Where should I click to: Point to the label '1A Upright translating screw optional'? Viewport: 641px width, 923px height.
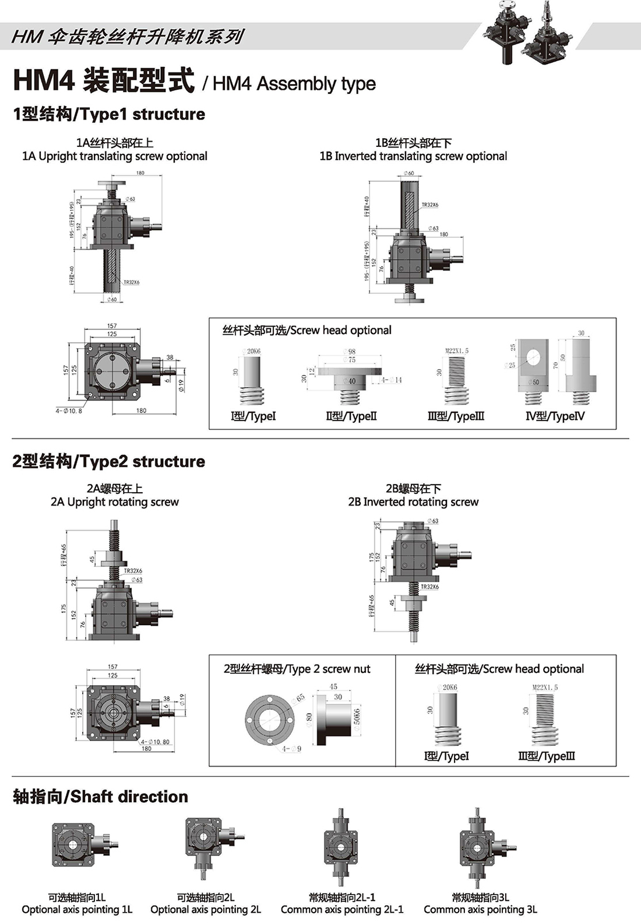[115, 156]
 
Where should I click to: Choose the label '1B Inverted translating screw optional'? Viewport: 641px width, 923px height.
[413, 156]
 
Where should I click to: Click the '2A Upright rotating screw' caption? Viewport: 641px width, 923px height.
[115, 502]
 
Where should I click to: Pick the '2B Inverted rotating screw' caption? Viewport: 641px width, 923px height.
[413, 502]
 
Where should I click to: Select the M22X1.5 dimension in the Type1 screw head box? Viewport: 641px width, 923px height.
[457, 351]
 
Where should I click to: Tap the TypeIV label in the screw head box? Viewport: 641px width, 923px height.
[555, 416]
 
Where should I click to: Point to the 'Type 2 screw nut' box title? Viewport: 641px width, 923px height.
[297, 669]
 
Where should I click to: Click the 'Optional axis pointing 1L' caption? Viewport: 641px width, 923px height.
[77, 910]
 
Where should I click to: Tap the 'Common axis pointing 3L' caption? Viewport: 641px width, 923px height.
[480, 910]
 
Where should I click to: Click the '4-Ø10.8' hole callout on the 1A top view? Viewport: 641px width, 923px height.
[69, 410]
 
